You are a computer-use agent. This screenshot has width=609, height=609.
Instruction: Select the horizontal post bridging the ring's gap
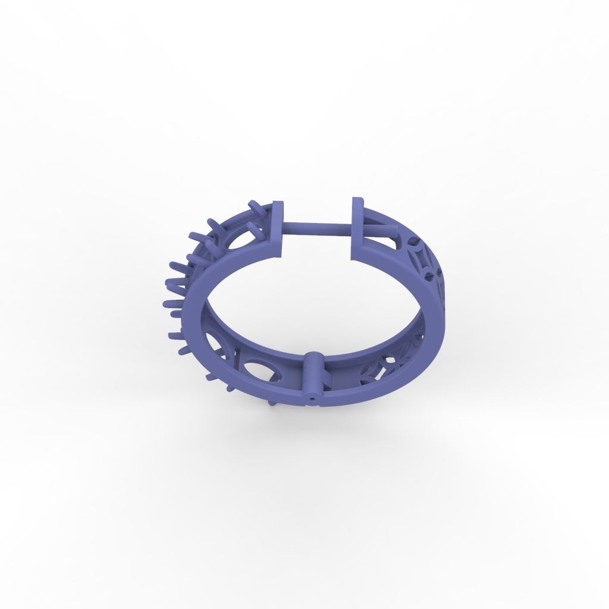pos(318,227)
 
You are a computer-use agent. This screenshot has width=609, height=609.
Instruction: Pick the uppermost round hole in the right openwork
pos(415,243)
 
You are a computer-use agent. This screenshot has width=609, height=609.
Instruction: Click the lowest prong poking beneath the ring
pos(272,402)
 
